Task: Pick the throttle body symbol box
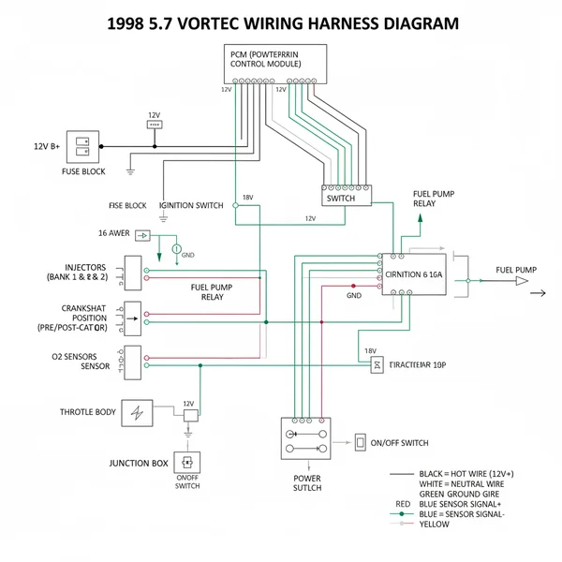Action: tap(141, 412)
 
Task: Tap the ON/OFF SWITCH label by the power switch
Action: tap(400, 442)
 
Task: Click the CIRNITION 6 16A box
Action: tap(413, 275)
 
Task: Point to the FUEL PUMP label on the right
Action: tap(516, 270)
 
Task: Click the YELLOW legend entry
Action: tap(436, 525)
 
